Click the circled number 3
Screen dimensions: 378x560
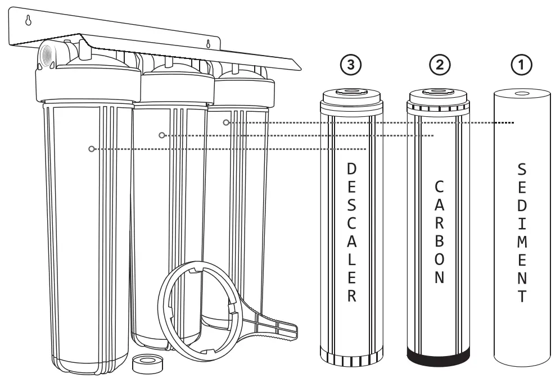tap(351, 65)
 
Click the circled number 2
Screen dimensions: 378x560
tap(439, 65)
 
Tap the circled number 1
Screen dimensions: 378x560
tap(522, 65)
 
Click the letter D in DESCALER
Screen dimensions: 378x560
tap(351, 168)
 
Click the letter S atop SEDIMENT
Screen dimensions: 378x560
tap(522, 168)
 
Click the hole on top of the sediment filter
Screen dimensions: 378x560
tap(521, 94)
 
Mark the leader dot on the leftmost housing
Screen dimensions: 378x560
tap(90, 149)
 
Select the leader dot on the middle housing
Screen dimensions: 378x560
tap(161, 135)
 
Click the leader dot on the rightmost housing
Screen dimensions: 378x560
tap(225, 122)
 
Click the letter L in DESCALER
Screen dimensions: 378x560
tap(351, 261)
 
